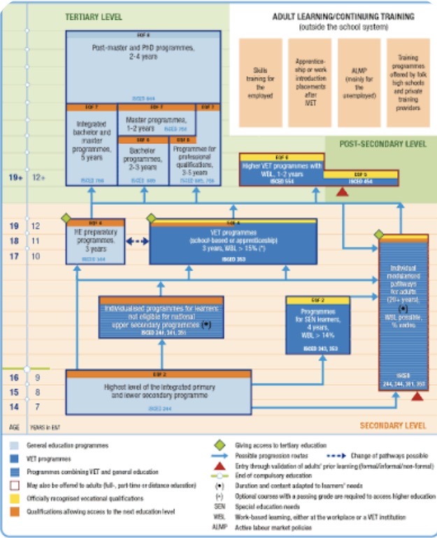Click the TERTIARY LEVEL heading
pyautogui.click(x=93, y=16)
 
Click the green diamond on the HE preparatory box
pyautogui.click(x=67, y=218)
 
